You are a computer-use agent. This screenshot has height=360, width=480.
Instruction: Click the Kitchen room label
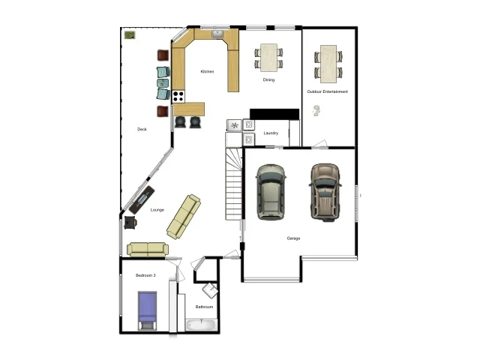pos(207,72)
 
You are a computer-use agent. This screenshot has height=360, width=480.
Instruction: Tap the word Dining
pos(268,79)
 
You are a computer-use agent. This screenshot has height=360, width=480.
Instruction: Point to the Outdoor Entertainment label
pos(328,91)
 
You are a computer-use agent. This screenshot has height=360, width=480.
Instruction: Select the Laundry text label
pos(271,133)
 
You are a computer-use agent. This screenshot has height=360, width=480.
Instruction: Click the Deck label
pos(142,129)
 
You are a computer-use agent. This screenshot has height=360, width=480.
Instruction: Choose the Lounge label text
pos(157,210)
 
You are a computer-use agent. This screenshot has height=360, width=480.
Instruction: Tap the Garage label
pos(293,238)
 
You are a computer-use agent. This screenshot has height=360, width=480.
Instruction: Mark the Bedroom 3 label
pos(145,276)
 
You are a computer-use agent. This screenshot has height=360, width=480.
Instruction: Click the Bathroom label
pos(205,307)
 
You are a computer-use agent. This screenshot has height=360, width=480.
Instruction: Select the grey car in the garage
pos(270,193)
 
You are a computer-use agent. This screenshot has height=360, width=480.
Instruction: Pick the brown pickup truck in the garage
pos(325,193)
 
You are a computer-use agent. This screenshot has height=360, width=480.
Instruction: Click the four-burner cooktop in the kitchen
pos(179,95)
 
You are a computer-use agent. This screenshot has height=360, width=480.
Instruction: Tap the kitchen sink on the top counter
pos(217,33)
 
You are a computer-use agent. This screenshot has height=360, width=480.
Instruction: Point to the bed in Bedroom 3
pos(147,310)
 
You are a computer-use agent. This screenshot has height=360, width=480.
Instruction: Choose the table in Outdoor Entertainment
pos(328,61)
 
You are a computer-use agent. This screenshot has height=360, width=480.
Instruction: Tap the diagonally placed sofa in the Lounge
pos(184,216)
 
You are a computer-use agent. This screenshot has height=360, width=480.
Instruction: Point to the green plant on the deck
pos(130,34)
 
